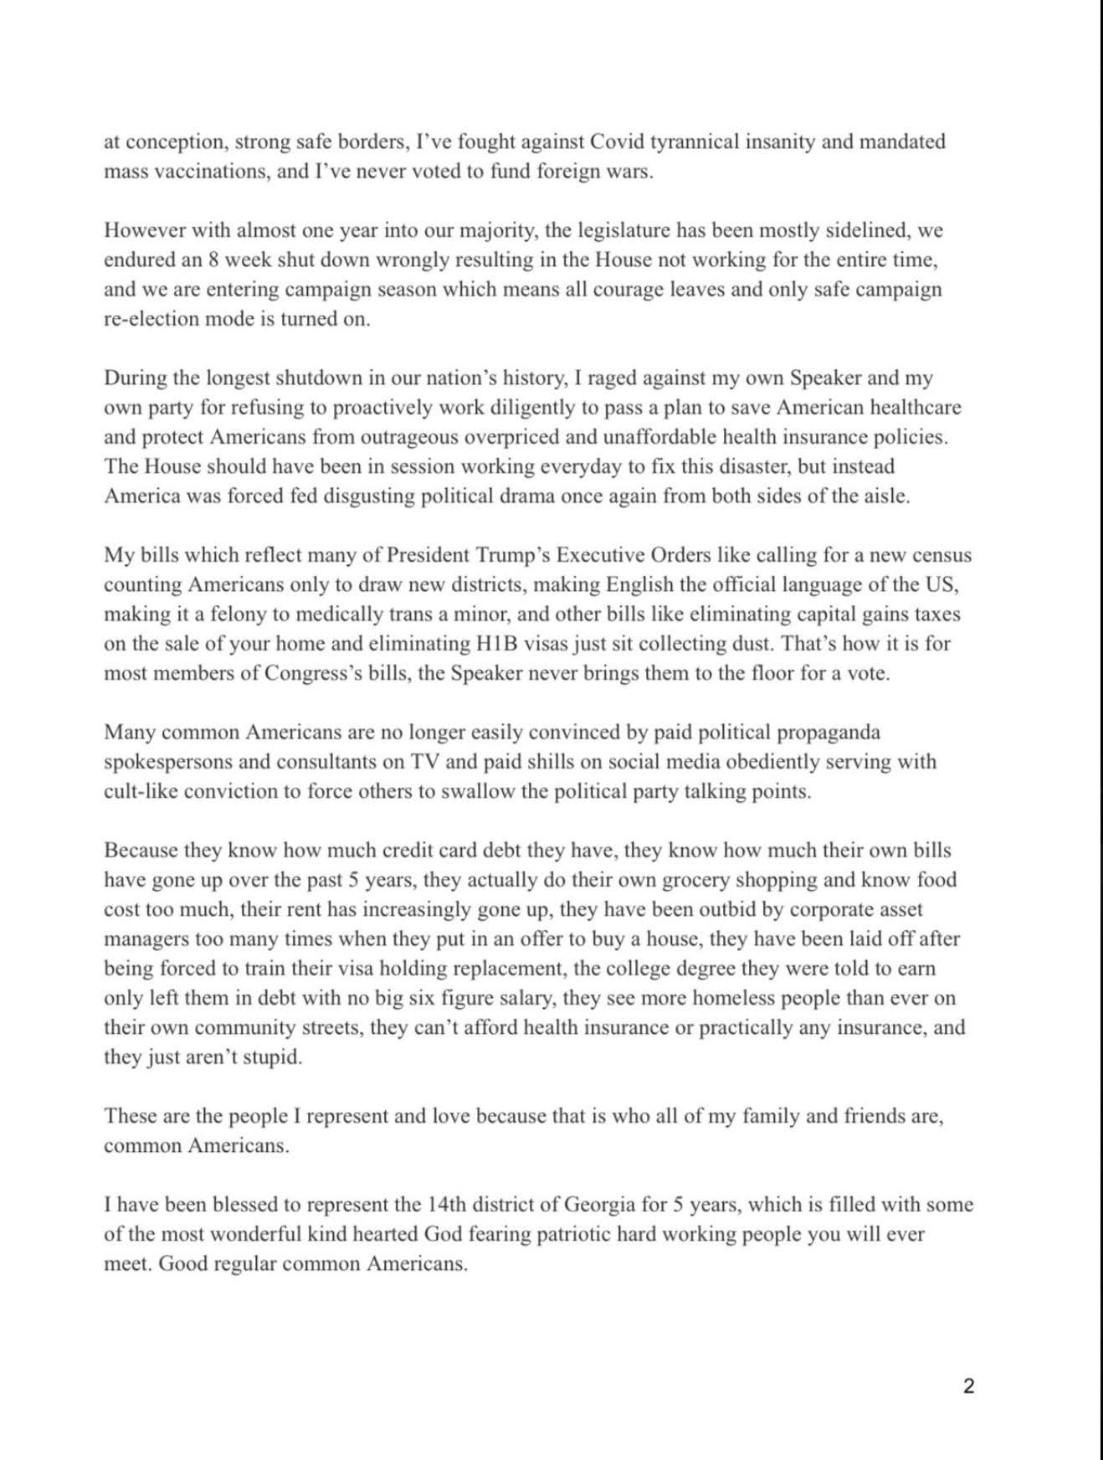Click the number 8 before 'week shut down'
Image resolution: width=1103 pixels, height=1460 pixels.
213,260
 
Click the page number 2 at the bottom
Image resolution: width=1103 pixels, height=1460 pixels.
969,1386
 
